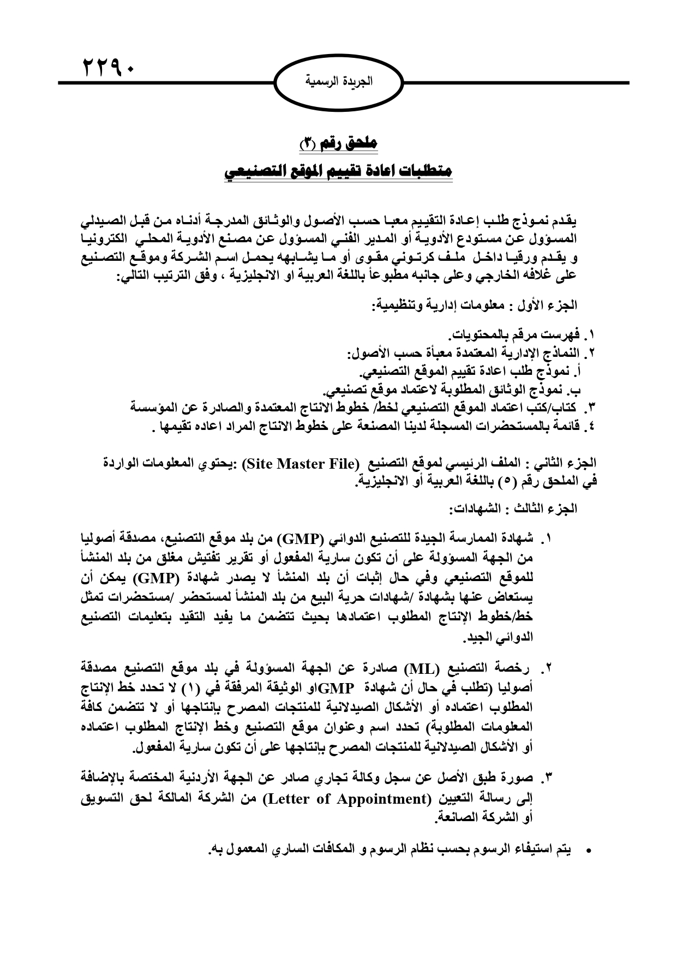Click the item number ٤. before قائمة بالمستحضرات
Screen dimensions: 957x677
click(588, 426)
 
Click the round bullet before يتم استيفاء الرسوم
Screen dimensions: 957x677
click(588, 851)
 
